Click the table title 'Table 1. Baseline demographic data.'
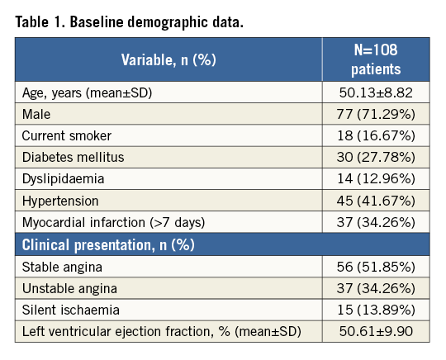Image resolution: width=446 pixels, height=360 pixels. [129, 22]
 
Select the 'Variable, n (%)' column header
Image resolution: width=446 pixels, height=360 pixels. [168, 59]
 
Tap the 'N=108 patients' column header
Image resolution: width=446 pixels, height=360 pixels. [376, 59]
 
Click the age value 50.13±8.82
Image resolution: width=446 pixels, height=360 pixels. [376, 92]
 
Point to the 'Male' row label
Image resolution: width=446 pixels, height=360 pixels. [36, 114]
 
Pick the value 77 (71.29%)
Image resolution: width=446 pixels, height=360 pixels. [376, 114]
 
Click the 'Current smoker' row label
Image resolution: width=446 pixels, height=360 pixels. [67, 135]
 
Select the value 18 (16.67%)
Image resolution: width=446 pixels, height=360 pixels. [376, 135]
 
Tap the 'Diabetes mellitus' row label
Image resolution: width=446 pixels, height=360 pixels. [74, 157]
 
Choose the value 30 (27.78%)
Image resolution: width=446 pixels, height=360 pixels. [376, 157]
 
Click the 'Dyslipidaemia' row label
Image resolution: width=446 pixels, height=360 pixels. [63, 179]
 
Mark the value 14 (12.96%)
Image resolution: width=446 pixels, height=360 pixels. [376, 178]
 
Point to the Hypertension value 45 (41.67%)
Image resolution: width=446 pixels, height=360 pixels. [376, 201]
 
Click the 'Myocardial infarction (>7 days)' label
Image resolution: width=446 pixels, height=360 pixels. [113, 222]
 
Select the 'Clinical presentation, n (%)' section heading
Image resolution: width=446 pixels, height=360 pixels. [108, 245]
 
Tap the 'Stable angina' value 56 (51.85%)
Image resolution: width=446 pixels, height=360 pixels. [376, 267]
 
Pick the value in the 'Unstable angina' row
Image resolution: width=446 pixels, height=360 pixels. [376, 288]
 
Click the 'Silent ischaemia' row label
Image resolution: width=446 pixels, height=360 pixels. [71, 310]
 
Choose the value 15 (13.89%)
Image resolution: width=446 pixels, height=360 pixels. [376, 310]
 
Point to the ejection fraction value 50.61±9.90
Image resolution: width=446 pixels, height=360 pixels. [376, 331]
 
